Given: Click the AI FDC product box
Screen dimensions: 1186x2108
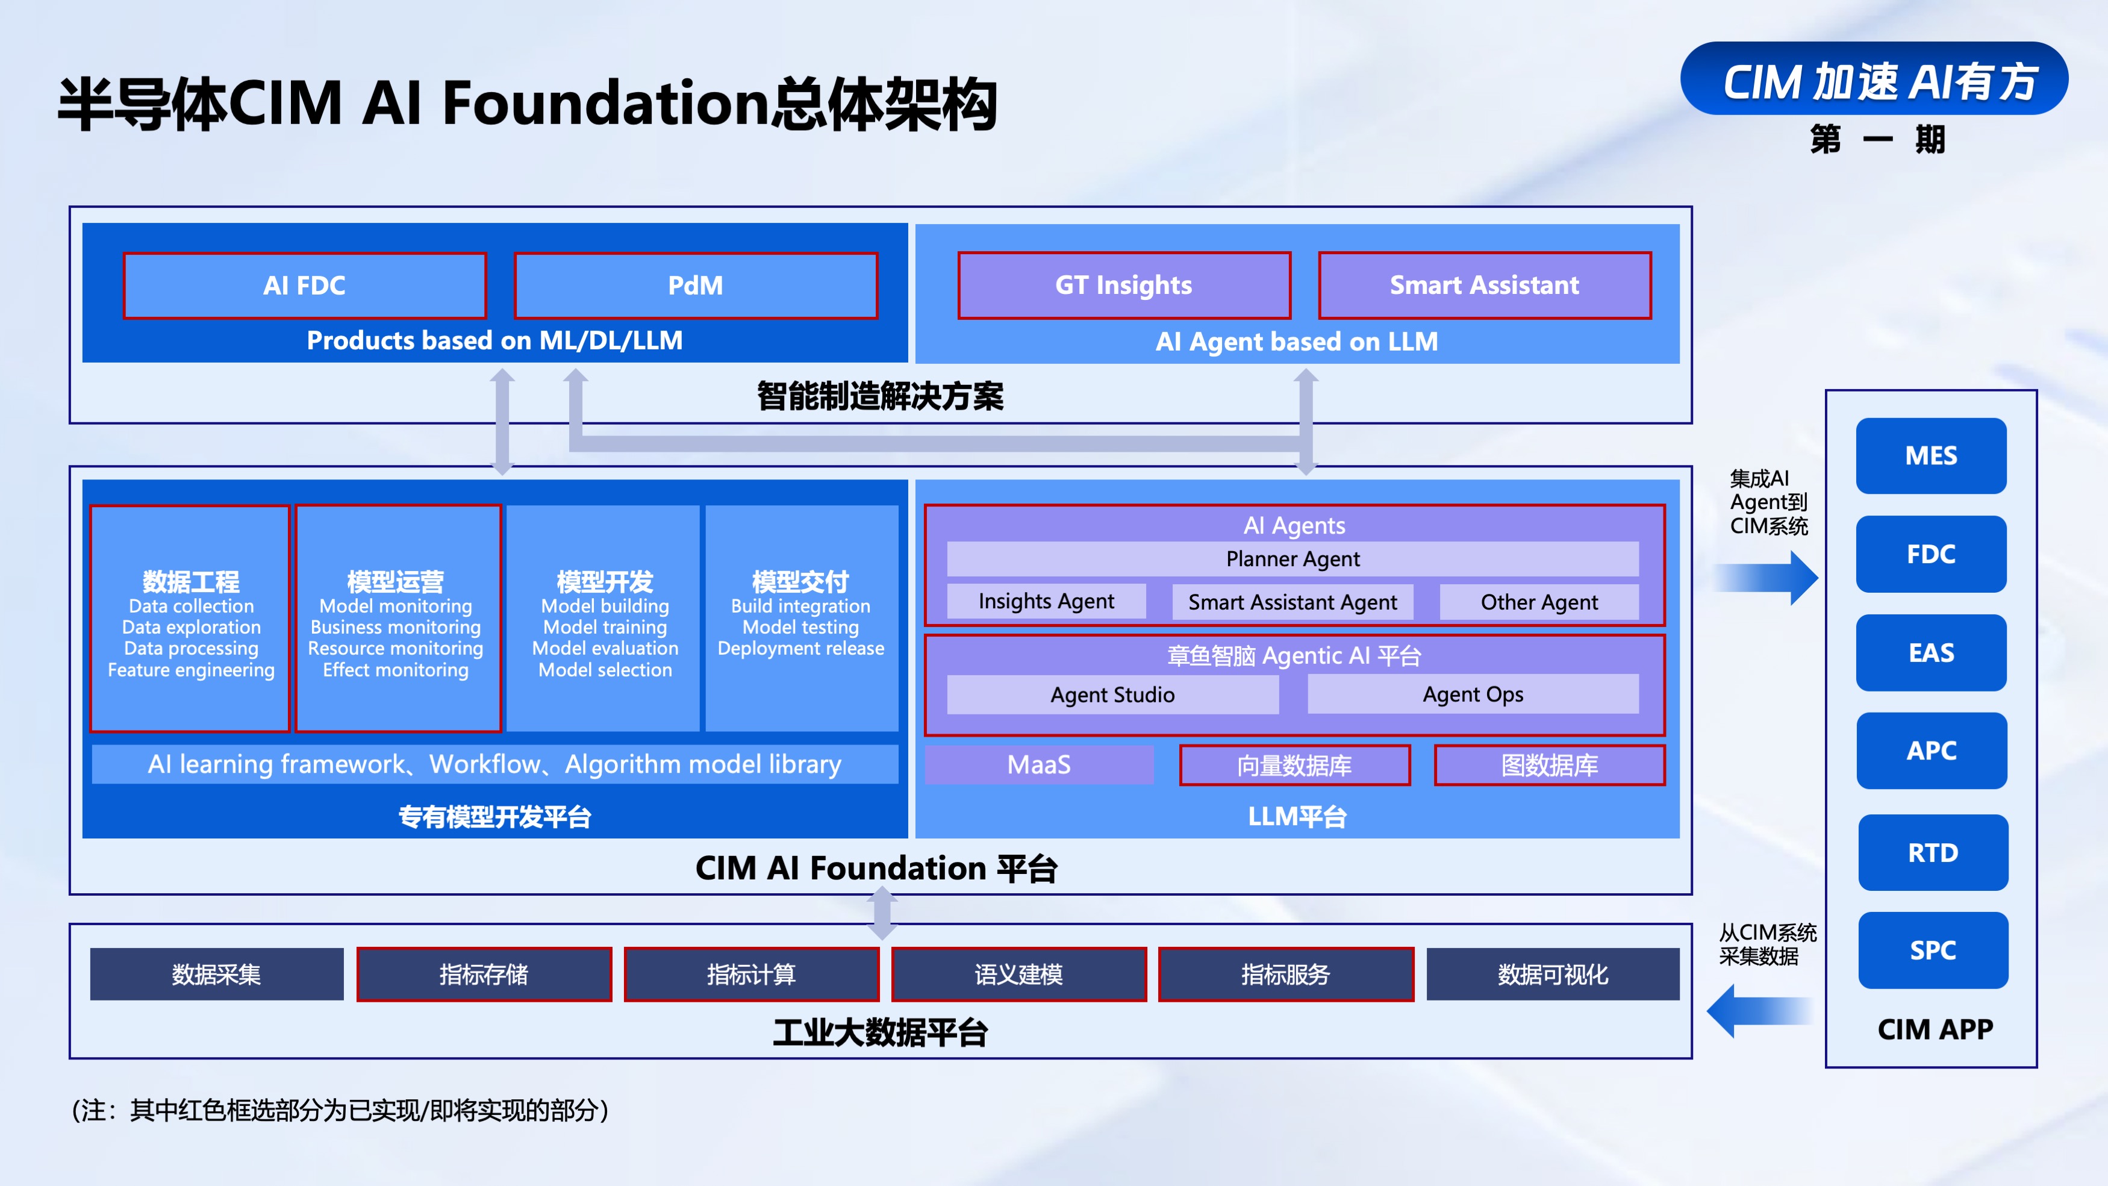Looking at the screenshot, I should click(x=304, y=286).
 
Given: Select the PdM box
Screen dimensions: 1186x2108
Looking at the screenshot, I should click(x=696, y=286).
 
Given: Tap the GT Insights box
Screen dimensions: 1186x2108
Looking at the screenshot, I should click(x=1123, y=285).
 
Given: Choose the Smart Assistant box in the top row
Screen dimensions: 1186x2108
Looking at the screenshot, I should click(x=1485, y=285).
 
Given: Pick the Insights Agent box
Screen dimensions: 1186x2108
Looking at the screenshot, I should click(x=1046, y=602).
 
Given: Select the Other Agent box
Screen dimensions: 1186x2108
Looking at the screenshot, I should click(x=1538, y=602).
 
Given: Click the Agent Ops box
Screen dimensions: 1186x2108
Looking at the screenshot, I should click(x=1473, y=694).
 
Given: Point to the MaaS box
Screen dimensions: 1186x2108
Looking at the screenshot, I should click(x=1038, y=764).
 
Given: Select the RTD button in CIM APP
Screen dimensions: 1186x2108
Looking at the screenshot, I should click(x=1933, y=853).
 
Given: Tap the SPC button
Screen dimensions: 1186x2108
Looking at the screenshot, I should click(x=1933, y=950).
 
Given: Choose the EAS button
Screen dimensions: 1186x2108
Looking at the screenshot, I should click(x=1932, y=653).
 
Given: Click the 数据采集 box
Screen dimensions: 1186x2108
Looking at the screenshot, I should click(x=216, y=974).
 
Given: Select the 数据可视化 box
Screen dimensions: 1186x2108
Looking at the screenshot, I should click(x=1552, y=974).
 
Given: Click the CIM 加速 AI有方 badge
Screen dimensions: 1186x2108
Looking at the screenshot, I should click(x=1874, y=80).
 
